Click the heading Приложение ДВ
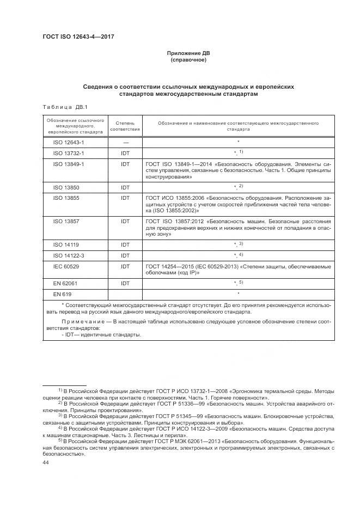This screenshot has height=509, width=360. click(188, 53)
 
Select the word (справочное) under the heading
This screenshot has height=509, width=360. click(188, 60)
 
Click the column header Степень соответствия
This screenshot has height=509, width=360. click(125, 126)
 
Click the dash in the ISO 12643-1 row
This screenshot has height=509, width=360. click(125, 142)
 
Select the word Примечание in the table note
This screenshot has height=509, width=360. click(81, 323)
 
